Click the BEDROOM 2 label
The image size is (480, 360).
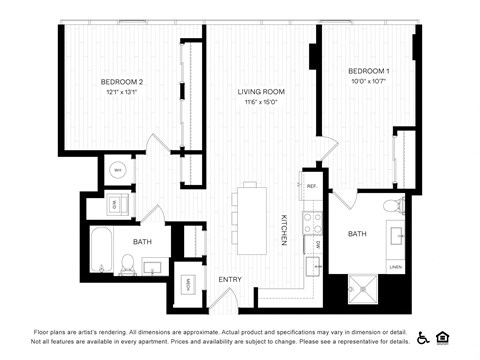122,81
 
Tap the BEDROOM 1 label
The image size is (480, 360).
369,71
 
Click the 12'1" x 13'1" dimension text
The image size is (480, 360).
122,92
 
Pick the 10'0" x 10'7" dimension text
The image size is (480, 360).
369,82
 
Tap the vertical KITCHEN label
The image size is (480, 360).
284,230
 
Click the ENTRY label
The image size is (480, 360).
231,279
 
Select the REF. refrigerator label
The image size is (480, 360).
311,187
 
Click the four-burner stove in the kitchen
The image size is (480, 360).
311,217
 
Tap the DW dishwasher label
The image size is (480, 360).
318,243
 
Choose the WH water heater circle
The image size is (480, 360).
117,171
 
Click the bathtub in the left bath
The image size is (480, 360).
102,250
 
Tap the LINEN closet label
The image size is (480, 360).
395,267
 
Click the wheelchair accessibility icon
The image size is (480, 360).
423,337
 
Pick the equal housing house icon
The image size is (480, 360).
442,337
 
